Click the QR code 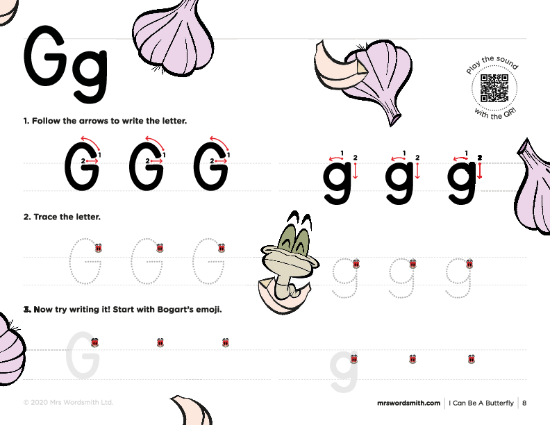click(x=494, y=88)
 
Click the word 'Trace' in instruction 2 click(x=46, y=217)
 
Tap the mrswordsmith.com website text click(x=408, y=403)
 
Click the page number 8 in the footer click(x=524, y=403)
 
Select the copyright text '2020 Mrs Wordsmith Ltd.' click(x=72, y=402)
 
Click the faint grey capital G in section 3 click(x=83, y=355)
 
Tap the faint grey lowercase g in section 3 click(x=343, y=372)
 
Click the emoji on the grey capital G click(x=94, y=342)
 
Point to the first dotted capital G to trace click(x=85, y=261)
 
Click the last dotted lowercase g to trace click(x=458, y=278)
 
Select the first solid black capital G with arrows click(x=82, y=166)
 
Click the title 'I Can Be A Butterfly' click(x=481, y=403)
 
